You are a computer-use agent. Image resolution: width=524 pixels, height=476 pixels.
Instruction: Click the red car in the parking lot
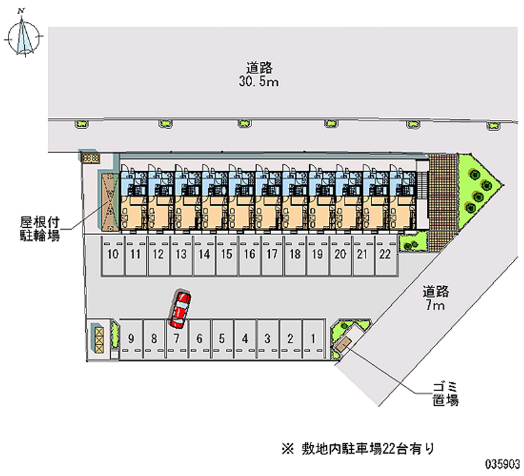click(179, 310)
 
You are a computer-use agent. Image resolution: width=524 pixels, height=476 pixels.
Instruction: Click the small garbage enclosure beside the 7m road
click(343, 344)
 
